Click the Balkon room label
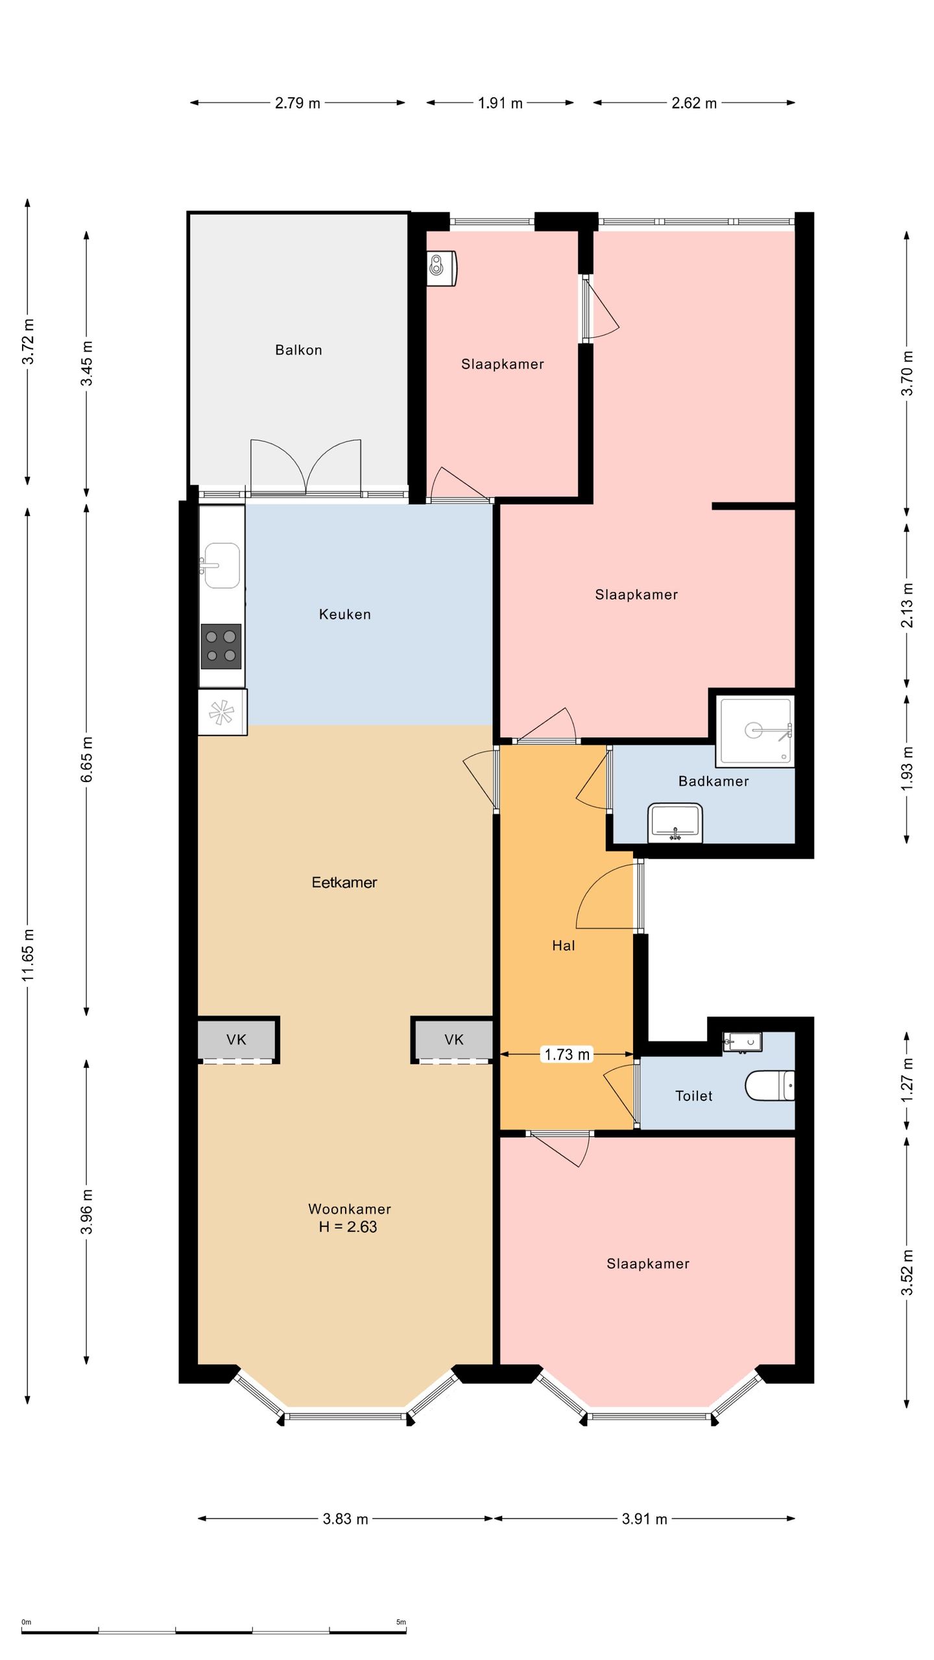tap(298, 350)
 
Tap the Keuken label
tap(345, 614)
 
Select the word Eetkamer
tap(344, 883)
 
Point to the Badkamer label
tap(713, 781)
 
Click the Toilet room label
tap(693, 1096)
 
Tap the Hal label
tap(564, 945)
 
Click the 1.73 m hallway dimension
tap(567, 1054)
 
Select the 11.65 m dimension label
tap(29, 955)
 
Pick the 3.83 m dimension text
tap(346, 1519)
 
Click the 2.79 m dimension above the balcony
tap(298, 103)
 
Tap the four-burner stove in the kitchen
tap(221, 646)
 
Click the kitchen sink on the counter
tap(222, 565)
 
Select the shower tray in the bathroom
tap(756, 731)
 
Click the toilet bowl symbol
tap(770, 1085)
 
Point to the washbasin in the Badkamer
tap(675, 823)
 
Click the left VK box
tap(237, 1040)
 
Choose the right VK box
tap(453, 1040)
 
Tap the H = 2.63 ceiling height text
tap(348, 1227)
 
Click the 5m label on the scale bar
tap(401, 1622)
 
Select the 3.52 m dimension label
tap(907, 1272)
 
